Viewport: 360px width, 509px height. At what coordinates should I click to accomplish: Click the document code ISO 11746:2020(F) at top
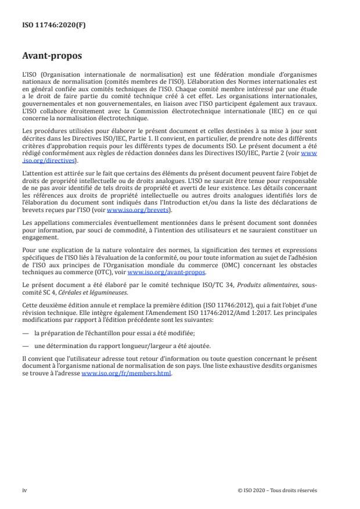pyautogui.click(x=48, y=25)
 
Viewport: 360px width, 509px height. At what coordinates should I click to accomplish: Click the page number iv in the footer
pyautogui.click(x=25, y=490)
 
